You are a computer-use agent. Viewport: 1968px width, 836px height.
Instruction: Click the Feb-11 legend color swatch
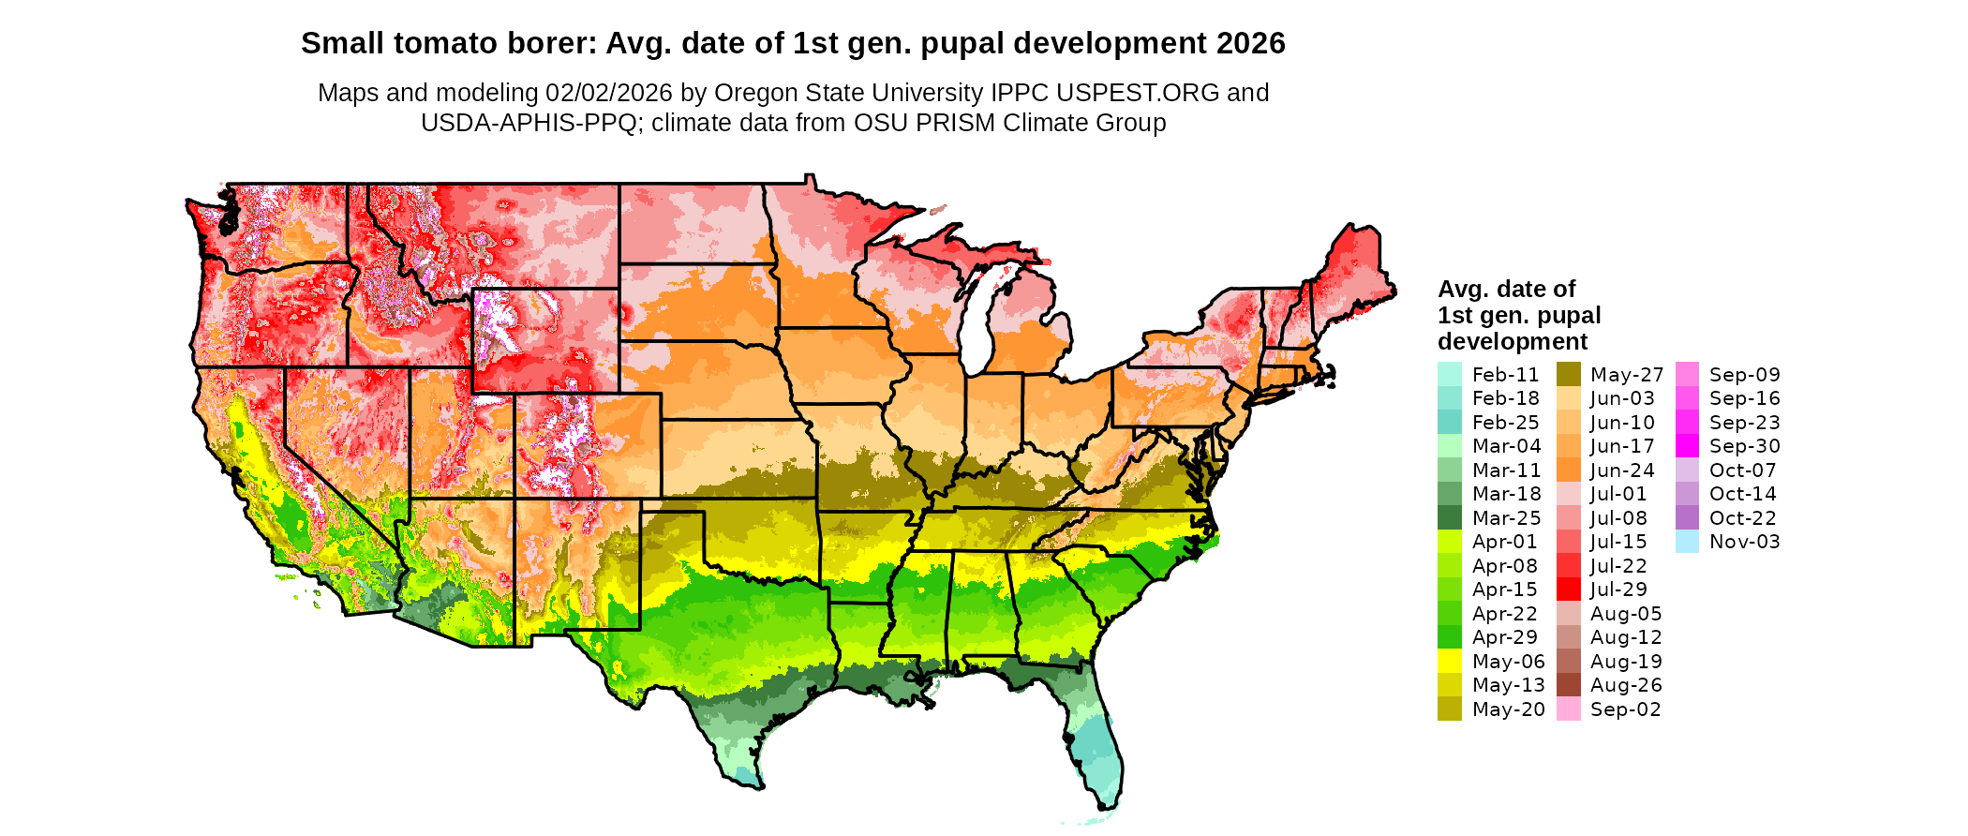pos(1449,374)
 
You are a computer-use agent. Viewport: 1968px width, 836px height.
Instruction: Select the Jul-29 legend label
pos(1618,590)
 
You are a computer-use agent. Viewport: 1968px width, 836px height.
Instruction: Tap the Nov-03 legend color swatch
pos(1687,542)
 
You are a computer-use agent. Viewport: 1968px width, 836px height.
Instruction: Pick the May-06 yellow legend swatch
pos(1449,662)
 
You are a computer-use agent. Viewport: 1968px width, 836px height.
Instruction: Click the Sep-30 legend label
pos(1744,446)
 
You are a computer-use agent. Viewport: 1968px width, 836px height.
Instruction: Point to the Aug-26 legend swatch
pos(1568,685)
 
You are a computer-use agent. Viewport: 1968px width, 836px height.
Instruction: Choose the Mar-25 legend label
pos(1506,518)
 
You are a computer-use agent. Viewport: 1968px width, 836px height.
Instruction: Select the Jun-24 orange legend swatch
pos(1568,470)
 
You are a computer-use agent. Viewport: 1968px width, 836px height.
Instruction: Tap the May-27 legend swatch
pos(1568,374)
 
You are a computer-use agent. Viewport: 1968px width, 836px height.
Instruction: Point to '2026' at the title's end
pos(1250,43)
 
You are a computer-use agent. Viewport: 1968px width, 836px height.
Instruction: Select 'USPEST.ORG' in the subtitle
pos(1138,93)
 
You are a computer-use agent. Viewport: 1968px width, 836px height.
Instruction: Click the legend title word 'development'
pos(1513,341)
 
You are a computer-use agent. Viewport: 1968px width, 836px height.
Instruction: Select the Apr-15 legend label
pos(1505,590)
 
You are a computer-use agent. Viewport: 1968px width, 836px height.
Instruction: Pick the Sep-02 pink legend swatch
pos(1568,709)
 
